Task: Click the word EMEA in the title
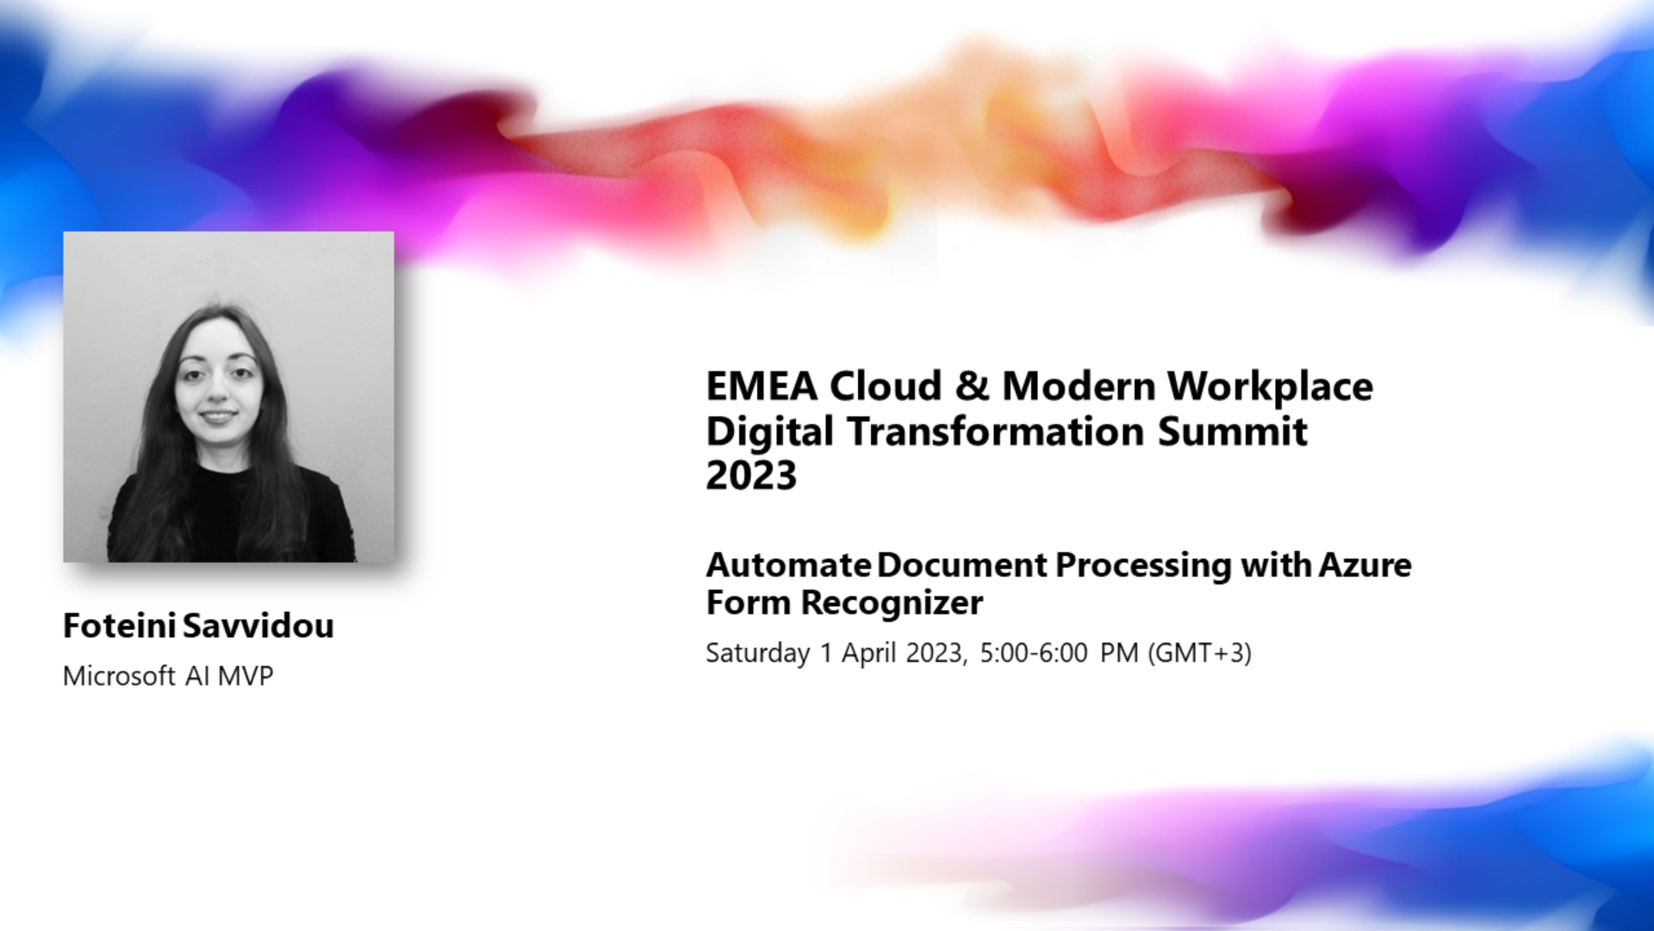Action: (x=762, y=386)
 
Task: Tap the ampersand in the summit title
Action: (x=972, y=386)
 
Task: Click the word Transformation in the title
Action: (x=996, y=431)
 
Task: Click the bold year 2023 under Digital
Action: (x=751, y=476)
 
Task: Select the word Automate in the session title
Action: (x=788, y=565)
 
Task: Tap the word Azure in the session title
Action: (x=1365, y=565)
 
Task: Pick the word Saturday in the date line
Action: (x=758, y=654)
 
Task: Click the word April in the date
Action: (x=869, y=654)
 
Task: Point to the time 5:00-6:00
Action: (x=1034, y=653)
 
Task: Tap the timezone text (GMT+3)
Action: (x=1199, y=653)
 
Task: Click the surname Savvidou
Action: (x=258, y=626)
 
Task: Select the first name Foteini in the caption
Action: (x=120, y=626)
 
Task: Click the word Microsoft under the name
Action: (x=120, y=676)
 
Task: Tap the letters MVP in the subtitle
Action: (x=246, y=676)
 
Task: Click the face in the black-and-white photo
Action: (x=218, y=387)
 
